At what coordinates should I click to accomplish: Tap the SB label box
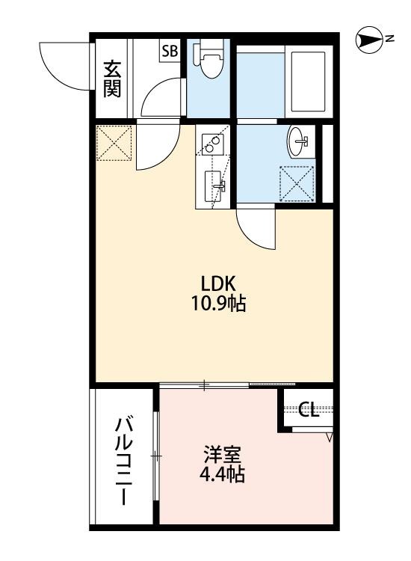point(170,51)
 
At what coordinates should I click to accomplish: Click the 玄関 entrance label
point(114,78)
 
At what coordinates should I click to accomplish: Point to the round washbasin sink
point(300,140)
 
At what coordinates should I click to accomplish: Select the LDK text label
point(218,283)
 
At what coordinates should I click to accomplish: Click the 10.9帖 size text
point(218,304)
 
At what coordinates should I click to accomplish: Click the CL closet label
point(308,409)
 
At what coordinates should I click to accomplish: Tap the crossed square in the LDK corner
point(114,143)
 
